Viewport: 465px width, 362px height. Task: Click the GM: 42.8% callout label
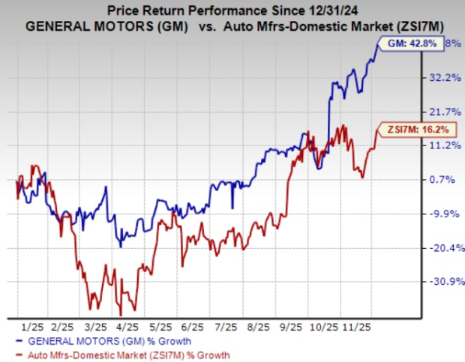(416, 43)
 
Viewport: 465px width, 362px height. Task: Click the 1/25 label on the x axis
(32, 327)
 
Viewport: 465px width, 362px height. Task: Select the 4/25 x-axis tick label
(128, 327)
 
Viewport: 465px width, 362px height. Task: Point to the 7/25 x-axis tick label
(225, 327)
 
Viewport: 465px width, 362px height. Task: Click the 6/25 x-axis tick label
(193, 327)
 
